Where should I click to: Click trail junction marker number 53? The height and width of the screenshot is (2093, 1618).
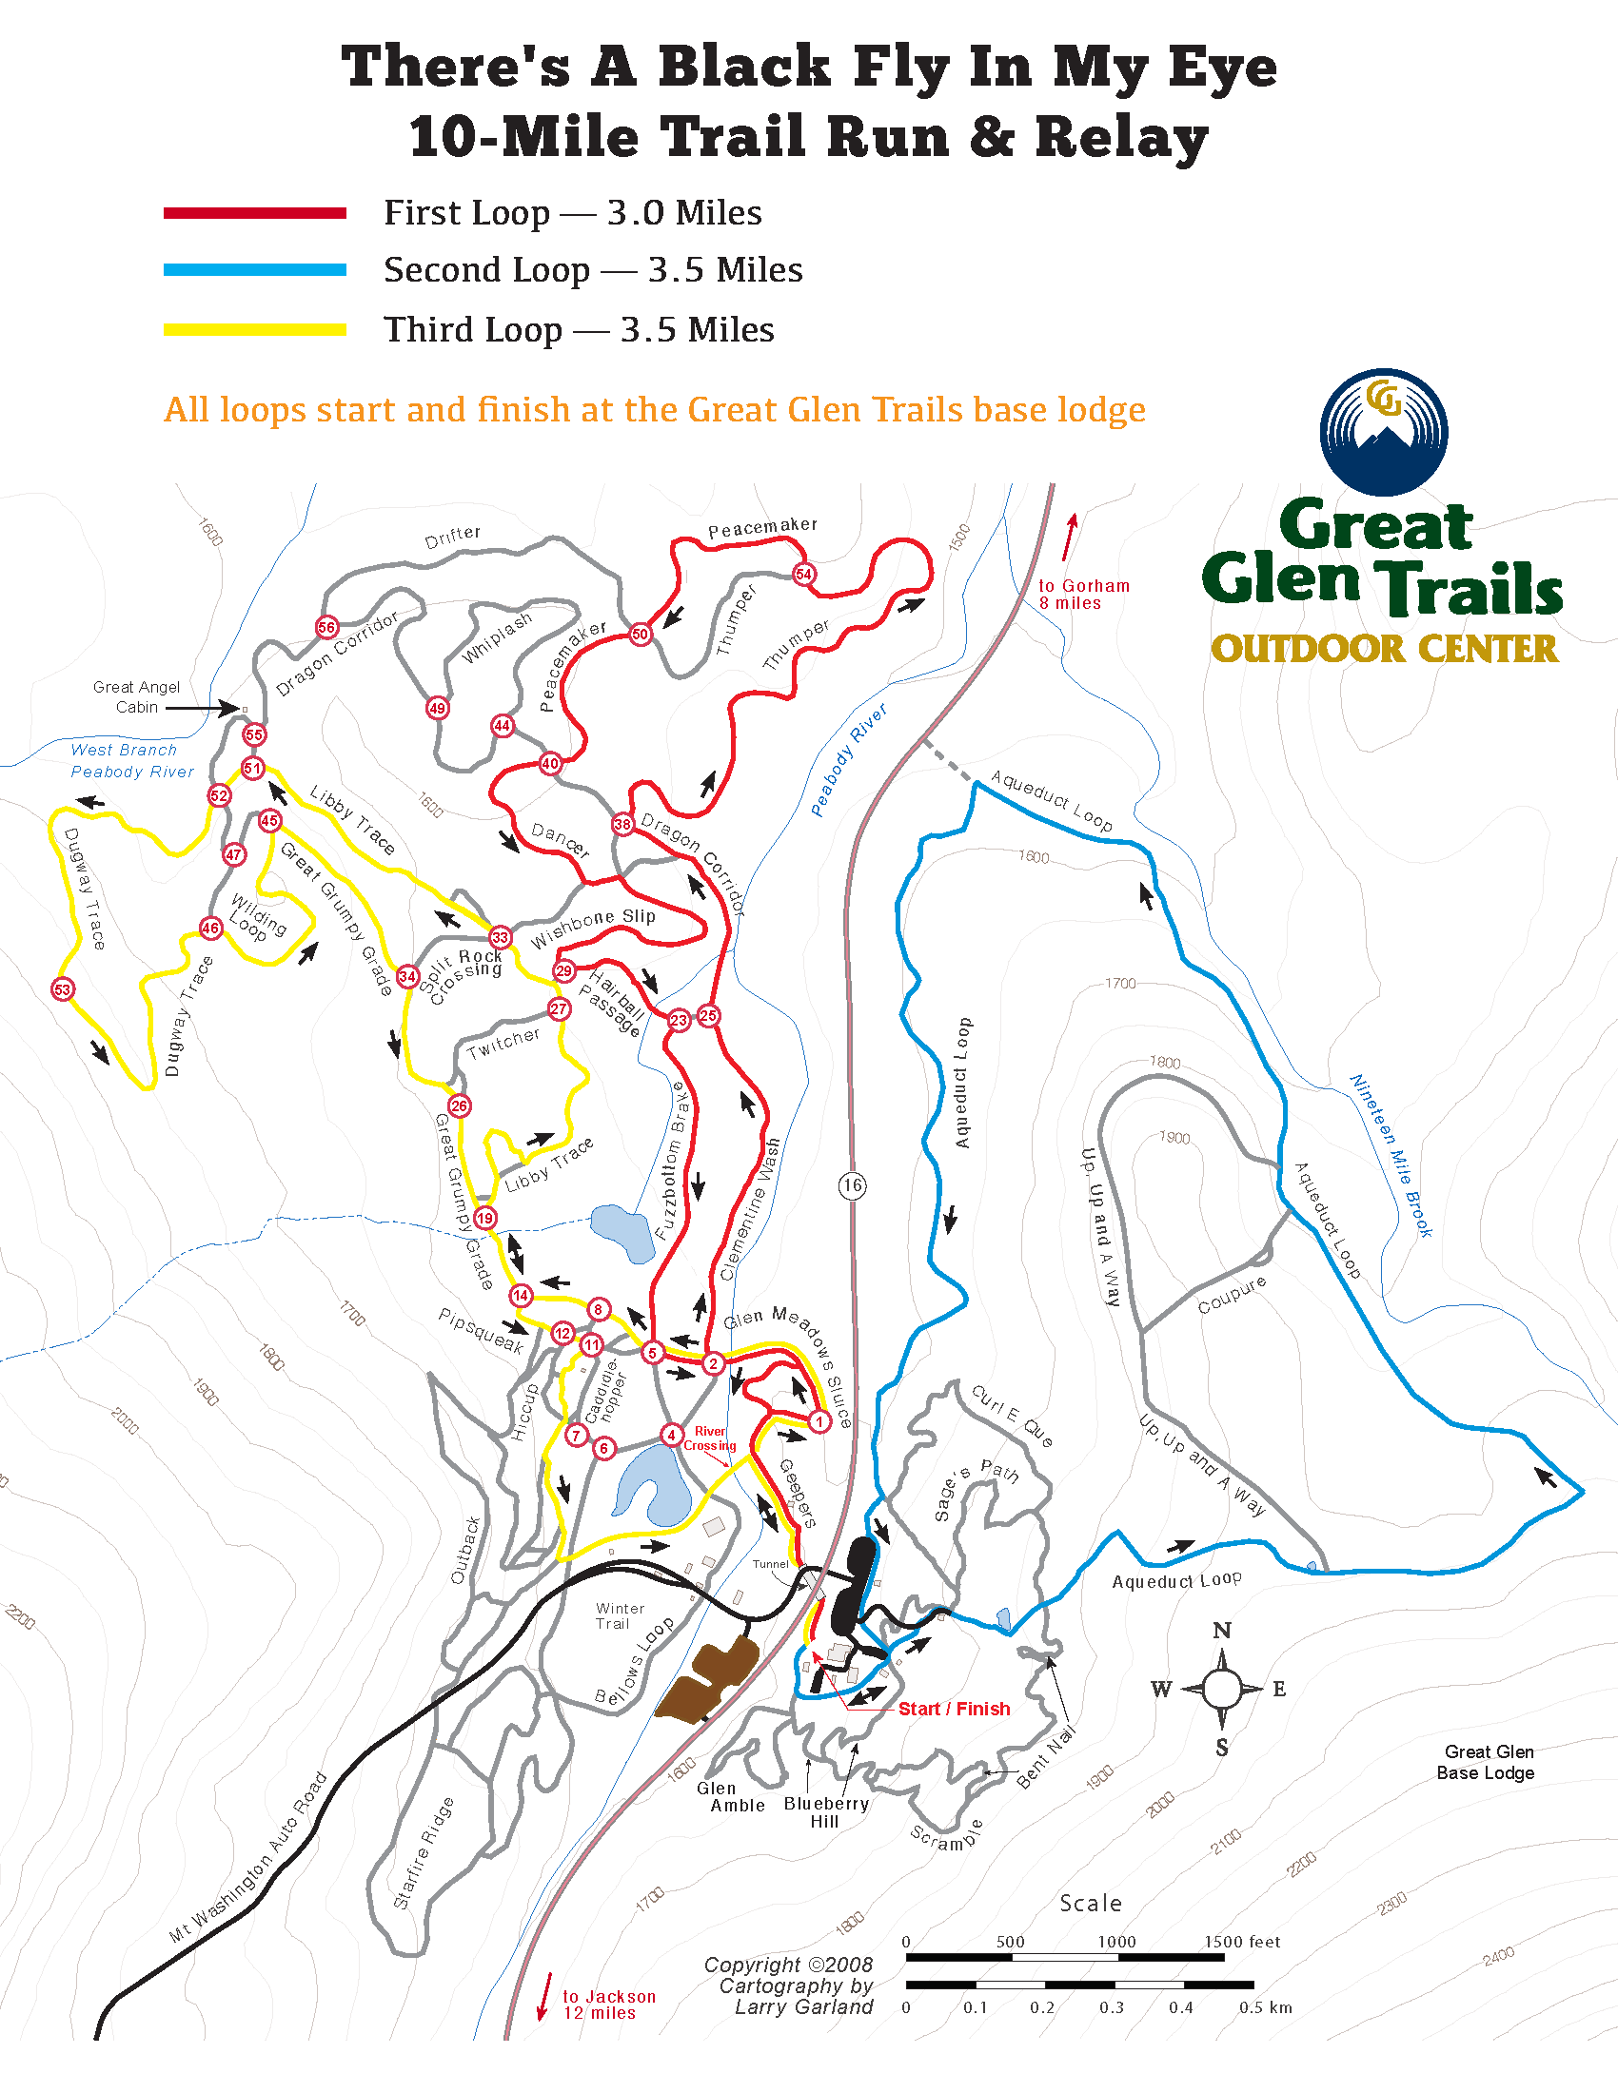62,989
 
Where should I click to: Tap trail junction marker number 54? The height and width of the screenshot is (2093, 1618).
803,574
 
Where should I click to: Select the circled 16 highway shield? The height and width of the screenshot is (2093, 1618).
852,1185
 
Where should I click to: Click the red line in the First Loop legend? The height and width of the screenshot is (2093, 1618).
255,213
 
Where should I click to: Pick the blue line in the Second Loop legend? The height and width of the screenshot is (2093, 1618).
255,270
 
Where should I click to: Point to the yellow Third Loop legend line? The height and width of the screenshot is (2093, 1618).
255,330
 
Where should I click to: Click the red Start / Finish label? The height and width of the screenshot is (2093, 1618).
954,1709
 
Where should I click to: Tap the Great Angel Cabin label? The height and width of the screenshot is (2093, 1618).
136,696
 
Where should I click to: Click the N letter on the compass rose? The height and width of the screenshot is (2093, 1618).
1221,1631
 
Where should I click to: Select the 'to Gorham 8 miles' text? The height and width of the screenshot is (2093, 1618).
1083,595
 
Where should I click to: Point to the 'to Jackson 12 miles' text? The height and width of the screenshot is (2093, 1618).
609,2005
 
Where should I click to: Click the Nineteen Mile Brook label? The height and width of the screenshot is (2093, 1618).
1391,1155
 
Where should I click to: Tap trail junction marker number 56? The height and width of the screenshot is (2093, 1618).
326,628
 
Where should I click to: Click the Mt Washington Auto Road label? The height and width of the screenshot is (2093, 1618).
248,1858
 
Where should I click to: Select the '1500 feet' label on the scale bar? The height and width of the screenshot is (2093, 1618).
1241,1942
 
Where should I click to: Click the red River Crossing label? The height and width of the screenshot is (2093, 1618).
709,1438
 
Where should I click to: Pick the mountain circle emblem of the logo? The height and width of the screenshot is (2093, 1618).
1383,432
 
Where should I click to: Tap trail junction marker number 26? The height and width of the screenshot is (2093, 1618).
459,1105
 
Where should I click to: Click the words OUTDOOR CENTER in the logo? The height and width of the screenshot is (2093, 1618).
1384,649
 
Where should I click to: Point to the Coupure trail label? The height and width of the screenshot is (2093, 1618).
1232,1295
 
